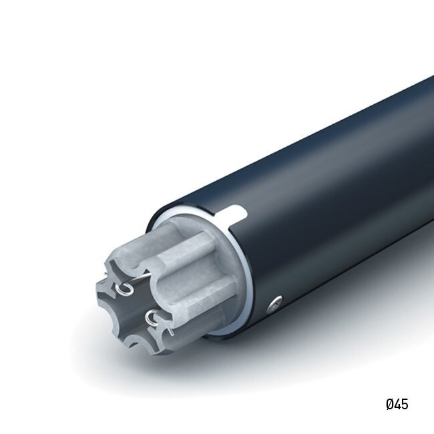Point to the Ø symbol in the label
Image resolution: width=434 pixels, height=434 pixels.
(389, 404)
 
